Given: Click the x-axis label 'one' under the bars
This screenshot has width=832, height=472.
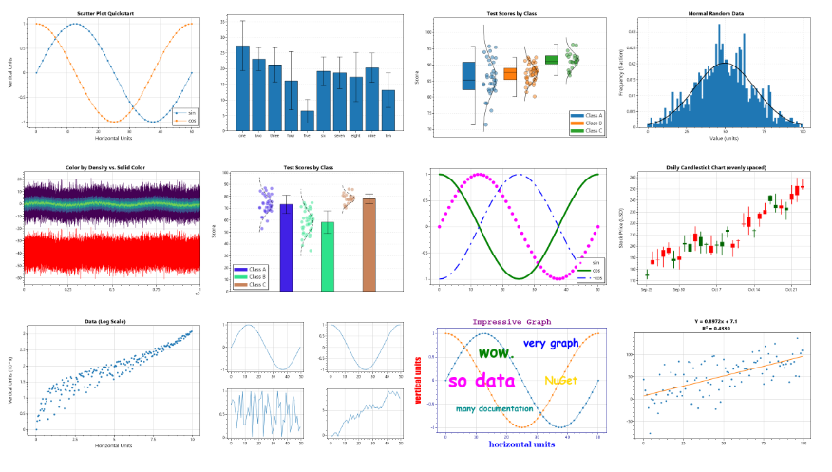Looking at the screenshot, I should click(x=243, y=135).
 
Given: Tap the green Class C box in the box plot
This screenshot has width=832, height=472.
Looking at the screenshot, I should click(x=552, y=60).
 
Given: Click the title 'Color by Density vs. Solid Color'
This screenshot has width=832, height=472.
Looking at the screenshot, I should click(x=113, y=167).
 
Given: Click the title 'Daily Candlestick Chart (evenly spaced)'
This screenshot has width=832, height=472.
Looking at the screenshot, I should click(x=726, y=167).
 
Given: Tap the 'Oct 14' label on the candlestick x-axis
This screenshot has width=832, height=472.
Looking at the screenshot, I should click(x=754, y=289).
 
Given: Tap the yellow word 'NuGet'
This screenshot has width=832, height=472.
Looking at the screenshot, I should click(x=559, y=380).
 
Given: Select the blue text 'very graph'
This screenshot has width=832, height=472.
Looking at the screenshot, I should click(x=551, y=343).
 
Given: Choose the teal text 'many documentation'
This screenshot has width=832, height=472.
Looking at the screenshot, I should click(x=494, y=408).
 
